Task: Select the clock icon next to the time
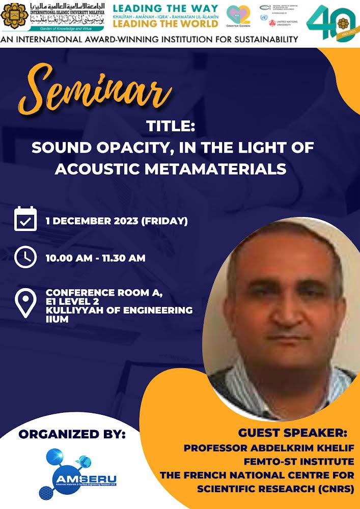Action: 25,257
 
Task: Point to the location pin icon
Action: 25,301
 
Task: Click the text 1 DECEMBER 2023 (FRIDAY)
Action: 117,221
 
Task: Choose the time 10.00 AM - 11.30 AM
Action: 95,258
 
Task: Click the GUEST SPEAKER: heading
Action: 292,433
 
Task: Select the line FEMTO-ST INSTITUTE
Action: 305,462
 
